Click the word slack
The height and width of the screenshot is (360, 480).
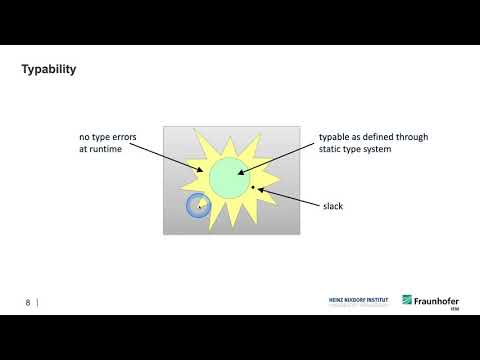pyautogui.click(x=333, y=206)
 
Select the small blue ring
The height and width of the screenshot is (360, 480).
pyautogui.click(x=197, y=207)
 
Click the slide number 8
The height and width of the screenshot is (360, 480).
pyautogui.click(x=28, y=301)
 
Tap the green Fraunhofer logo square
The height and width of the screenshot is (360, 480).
pyautogui.click(x=408, y=300)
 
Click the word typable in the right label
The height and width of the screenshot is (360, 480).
pyautogui.click(x=335, y=136)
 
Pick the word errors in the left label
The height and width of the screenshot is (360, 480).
pyautogui.click(x=130, y=136)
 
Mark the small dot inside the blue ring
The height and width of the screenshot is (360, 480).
pyautogui.click(x=199, y=207)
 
